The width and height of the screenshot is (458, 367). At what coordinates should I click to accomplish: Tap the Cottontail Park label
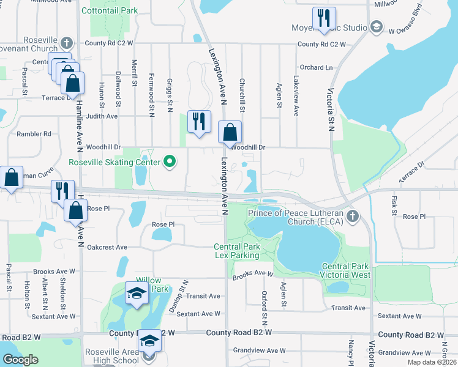110,10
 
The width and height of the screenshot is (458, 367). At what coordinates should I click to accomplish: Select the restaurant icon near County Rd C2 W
323,18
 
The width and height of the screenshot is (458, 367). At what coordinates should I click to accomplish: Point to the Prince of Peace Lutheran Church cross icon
352,216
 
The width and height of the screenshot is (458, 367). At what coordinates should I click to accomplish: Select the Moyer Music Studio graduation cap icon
376,27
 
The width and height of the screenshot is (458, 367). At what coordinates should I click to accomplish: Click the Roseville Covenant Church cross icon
67,43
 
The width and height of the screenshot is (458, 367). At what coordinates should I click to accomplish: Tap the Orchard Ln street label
316,67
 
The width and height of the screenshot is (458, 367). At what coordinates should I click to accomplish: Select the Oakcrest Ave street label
107,247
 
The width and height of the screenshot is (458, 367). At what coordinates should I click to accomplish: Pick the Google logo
20,360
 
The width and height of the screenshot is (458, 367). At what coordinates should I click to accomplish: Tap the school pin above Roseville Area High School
149,341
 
